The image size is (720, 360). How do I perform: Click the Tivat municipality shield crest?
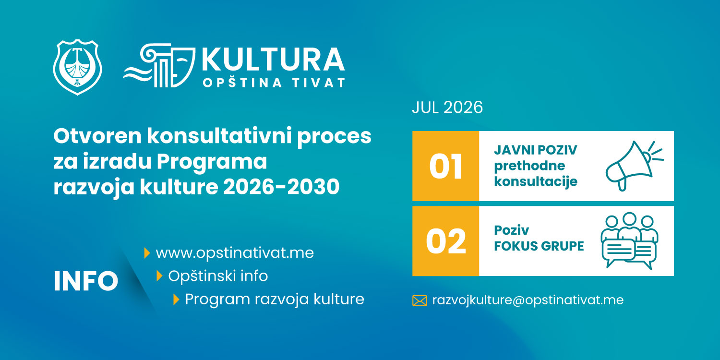[x=77, y=67]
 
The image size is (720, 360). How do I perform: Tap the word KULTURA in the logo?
[x=273, y=60]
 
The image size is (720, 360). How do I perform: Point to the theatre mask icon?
[x=182, y=67]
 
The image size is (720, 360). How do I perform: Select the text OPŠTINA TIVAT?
[x=274, y=83]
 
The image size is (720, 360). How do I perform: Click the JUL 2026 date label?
[x=447, y=108]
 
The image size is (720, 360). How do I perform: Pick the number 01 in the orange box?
[x=446, y=167]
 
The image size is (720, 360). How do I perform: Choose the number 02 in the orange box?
[x=446, y=241]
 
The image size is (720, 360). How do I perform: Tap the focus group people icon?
[x=629, y=240]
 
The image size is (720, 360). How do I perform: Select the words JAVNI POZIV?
[x=536, y=150]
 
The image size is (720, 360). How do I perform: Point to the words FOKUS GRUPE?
[x=539, y=246]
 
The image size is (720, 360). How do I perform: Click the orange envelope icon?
[x=420, y=301]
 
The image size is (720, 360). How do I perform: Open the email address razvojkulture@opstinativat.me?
[x=528, y=300]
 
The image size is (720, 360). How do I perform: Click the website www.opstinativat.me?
[x=235, y=253]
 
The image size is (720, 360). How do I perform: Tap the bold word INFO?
[x=86, y=281]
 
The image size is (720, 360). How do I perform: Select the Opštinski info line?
[x=218, y=276]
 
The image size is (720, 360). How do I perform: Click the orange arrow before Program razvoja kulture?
[x=176, y=299]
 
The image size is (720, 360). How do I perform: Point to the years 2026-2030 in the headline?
[x=281, y=187]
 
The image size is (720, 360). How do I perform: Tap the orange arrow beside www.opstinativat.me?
[x=147, y=253]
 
